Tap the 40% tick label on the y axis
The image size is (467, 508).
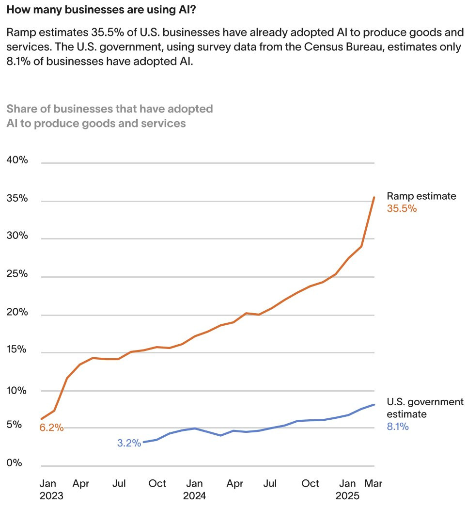[x=17, y=160]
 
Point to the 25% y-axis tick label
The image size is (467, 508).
[x=17, y=274]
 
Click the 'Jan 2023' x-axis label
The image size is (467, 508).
[x=51, y=490]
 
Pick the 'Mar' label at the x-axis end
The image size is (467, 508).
[x=373, y=483]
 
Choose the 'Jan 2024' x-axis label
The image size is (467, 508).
[x=194, y=490]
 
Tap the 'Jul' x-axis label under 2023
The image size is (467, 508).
[x=119, y=483]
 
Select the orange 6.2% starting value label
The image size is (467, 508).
[x=52, y=428]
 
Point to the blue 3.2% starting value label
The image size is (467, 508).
[x=129, y=443]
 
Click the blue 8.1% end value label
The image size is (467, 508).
[x=398, y=427]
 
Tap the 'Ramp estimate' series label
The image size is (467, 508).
[x=421, y=196]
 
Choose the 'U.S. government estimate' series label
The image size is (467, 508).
[x=424, y=408]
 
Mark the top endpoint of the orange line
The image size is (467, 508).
[x=374, y=197]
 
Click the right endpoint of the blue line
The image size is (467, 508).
[x=374, y=404]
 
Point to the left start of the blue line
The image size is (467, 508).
[x=143, y=442]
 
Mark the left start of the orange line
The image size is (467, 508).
[x=42, y=418]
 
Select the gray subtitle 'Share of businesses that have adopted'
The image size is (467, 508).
[x=110, y=109]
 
